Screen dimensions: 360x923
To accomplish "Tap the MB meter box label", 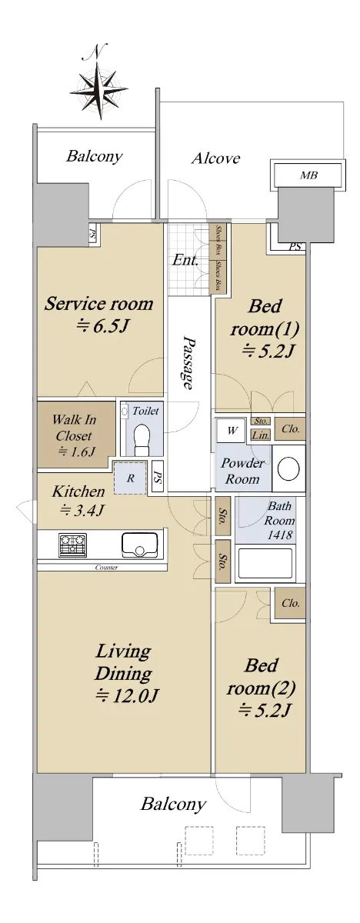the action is coord(308,175).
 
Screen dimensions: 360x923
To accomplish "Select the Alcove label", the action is coord(215,158).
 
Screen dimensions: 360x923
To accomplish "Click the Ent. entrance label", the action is coord(185,260).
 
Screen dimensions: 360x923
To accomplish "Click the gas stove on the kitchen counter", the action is coord(73,545).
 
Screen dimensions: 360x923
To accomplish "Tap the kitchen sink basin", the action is coord(139,545).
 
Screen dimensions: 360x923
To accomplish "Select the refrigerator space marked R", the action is coord(131,478).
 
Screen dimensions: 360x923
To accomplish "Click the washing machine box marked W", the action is coord(232,431).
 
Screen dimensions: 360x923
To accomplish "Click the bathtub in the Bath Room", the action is coord(265,563).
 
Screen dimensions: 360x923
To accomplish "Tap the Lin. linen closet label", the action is coord(261,435).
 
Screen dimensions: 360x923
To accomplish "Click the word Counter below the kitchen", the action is coord(106,568).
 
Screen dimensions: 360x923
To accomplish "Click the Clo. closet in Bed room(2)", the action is coord(291,603).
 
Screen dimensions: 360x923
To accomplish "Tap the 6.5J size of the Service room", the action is coord(104,325).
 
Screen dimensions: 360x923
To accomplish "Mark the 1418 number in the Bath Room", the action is coord(280,535).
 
